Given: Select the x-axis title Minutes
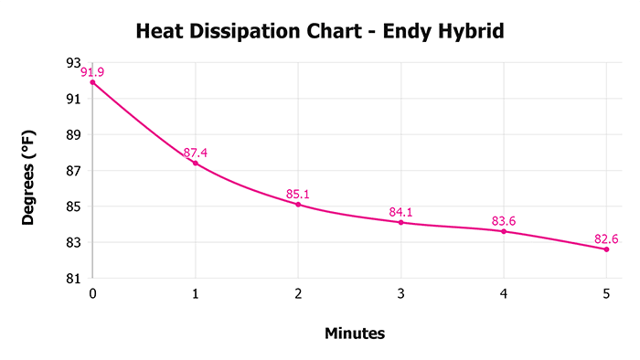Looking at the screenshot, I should [x=355, y=334].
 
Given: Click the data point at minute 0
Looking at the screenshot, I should [x=92, y=82].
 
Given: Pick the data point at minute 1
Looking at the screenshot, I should [x=195, y=163].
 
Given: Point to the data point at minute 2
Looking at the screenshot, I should [x=298, y=205].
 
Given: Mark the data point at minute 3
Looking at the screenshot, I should [x=400, y=222].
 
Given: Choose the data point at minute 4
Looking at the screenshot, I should [x=503, y=231].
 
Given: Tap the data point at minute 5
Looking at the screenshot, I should [x=606, y=249].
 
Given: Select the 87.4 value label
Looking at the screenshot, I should [x=196, y=153].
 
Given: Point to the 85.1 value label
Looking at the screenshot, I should [x=299, y=194].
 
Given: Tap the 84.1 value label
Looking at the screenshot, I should [x=401, y=212].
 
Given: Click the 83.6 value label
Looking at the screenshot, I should [x=504, y=221].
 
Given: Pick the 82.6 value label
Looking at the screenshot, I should [x=606, y=239].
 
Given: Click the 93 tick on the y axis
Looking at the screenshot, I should [x=73, y=63].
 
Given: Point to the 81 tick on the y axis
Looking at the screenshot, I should [x=73, y=279].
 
